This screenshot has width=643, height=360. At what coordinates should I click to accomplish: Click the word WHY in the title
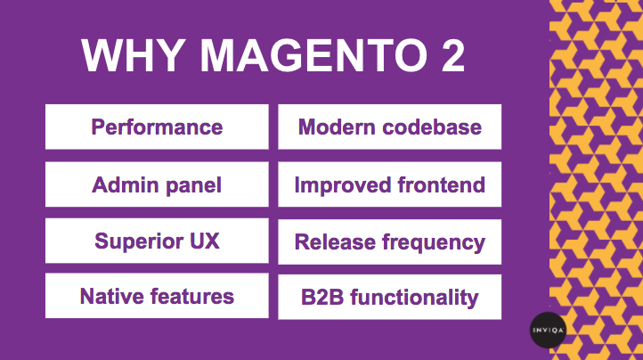(x=133, y=55)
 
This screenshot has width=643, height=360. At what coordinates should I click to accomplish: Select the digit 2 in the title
(x=452, y=55)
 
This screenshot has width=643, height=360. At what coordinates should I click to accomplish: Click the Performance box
(x=157, y=127)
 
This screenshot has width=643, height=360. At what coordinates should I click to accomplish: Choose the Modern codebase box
(x=389, y=127)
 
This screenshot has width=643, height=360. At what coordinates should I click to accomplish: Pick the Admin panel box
(x=157, y=184)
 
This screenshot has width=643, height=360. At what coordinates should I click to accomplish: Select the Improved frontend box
(x=389, y=184)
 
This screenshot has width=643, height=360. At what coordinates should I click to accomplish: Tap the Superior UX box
(x=157, y=241)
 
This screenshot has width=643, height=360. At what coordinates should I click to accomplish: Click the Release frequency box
(x=389, y=241)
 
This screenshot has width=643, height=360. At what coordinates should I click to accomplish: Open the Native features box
(x=157, y=296)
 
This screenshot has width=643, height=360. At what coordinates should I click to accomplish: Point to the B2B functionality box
(x=389, y=298)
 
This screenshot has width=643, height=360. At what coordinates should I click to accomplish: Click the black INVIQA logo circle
(x=548, y=330)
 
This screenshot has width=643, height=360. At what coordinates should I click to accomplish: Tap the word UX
(x=204, y=241)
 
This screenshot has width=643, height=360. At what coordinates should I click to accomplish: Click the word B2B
(x=322, y=298)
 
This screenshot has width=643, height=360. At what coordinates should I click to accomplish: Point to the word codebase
(x=432, y=127)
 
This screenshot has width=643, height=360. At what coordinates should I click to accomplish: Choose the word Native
(x=111, y=296)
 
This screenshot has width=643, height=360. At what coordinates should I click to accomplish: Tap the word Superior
(x=139, y=241)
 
